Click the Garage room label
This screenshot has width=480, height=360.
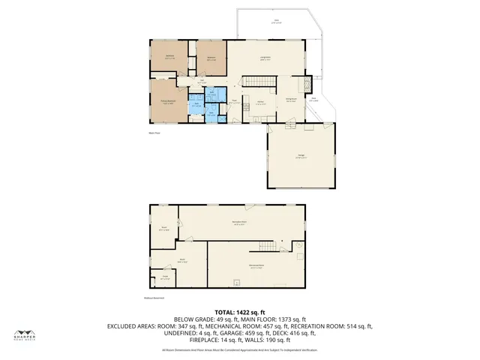[300, 157]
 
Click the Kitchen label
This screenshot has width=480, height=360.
[260, 103]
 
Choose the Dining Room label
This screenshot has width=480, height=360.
[291, 100]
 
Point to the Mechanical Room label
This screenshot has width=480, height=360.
[255, 265]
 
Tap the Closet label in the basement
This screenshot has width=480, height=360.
[164, 277]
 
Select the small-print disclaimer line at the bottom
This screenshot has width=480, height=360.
[240, 349]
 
